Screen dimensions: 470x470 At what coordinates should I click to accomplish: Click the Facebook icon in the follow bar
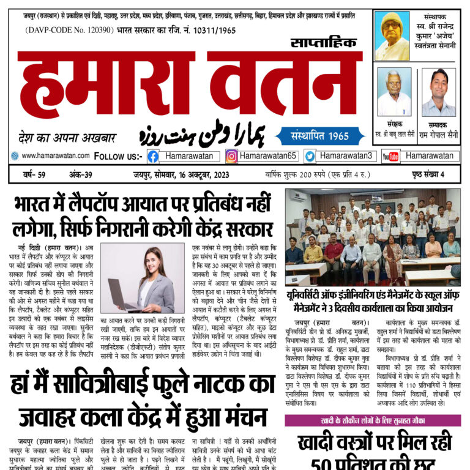152,157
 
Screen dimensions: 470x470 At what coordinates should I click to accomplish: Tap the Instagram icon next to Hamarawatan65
231,157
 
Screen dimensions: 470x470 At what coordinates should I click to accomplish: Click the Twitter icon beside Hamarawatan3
310,157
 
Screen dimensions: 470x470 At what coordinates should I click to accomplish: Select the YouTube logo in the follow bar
390,157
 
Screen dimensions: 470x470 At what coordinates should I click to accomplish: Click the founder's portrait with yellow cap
392,35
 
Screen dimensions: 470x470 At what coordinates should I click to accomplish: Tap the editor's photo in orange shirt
439,92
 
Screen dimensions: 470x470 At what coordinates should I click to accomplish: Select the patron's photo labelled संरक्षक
394,92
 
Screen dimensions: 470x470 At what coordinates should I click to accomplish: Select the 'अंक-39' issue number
80,175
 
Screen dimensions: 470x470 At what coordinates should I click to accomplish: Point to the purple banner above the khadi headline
373,420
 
